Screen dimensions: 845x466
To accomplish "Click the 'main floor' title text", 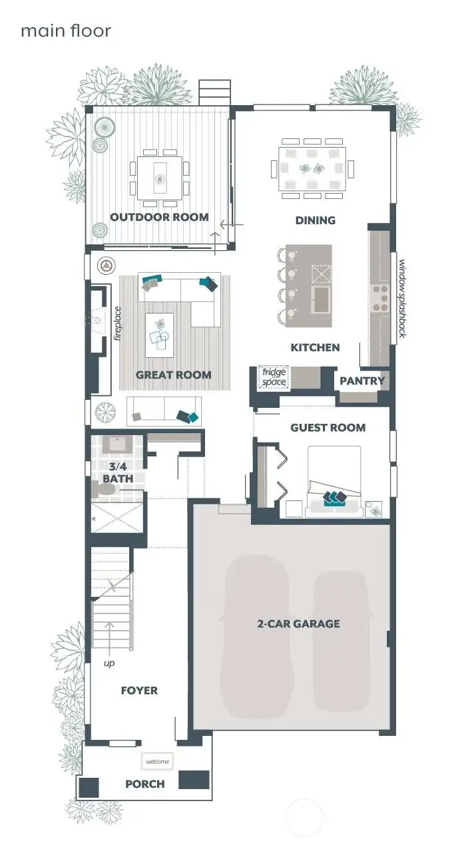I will [65, 31].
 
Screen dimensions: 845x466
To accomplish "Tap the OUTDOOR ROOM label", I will [159, 217].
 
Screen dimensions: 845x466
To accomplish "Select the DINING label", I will [315, 220].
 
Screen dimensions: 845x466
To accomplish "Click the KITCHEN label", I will [315, 347].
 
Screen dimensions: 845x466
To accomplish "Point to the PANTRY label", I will [362, 381].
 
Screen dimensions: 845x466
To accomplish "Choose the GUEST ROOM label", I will [328, 427].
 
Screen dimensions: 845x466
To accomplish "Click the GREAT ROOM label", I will [173, 375].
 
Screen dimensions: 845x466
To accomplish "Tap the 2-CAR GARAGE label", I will [298, 623].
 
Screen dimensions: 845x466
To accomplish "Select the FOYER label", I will [139, 691].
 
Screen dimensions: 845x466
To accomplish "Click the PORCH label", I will [144, 784].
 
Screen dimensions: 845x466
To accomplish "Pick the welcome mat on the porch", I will [157, 761].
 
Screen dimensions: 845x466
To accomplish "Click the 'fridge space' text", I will [274, 377].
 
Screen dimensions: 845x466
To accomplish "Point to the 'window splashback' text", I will [402, 298].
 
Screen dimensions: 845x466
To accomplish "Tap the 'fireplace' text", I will [117, 323].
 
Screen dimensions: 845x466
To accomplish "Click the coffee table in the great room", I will [159, 331].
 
